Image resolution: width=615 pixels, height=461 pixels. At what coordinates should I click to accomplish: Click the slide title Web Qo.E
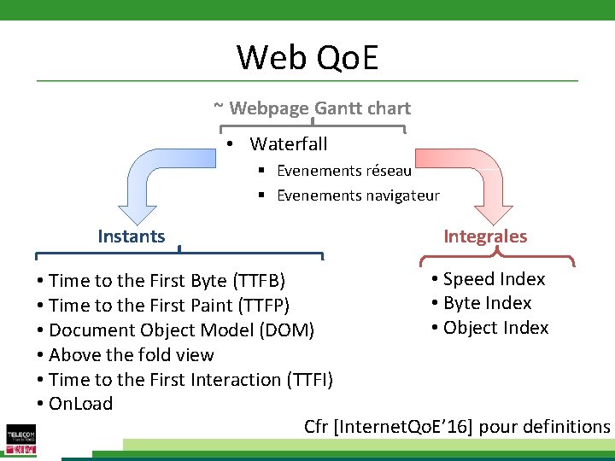click(x=307, y=57)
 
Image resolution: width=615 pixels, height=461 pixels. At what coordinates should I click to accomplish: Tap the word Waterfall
click(x=288, y=144)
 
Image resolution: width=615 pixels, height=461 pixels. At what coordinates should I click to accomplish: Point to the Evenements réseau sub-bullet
click(x=343, y=171)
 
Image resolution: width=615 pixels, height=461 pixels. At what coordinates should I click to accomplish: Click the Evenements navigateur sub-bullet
click(x=357, y=195)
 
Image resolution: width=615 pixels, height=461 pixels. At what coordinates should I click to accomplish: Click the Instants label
click(x=131, y=236)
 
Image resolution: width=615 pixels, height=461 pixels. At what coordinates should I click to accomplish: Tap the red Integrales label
click(x=485, y=236)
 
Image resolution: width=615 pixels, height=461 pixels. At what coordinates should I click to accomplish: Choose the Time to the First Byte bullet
click(x=167, y=281)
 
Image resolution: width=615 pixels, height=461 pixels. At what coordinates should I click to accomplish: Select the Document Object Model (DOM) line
click(x=181, y=330)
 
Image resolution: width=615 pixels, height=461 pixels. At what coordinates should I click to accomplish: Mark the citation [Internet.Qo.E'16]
click(x=406, y=427)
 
